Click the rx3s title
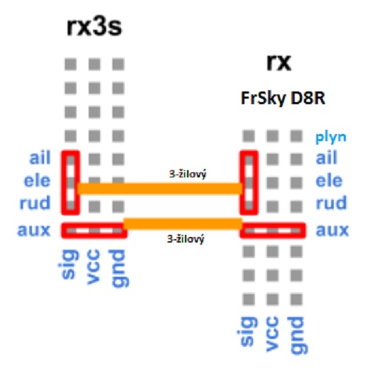tap(94, 27)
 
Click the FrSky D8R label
tap(283, 99)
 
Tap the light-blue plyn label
tap(331, 138)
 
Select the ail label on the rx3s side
tap(40, 157)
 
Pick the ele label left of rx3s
tap(38, 180)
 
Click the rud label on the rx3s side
tap(35, 203)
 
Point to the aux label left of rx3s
tap(34, 230)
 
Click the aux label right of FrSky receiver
tap(332, 230)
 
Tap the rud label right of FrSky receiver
tap(331, 203)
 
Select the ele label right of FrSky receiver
tap(329, 180)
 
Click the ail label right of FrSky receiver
tap(326, 157)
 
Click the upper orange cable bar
tap(160, 189)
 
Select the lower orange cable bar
tap(183, 223)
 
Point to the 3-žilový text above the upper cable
tap(188, 174)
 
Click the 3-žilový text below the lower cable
tap(186, 239)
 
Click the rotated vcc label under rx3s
tap(94, 267)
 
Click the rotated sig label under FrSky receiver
tap(248, 331)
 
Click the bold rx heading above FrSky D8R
tap(278, 62)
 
